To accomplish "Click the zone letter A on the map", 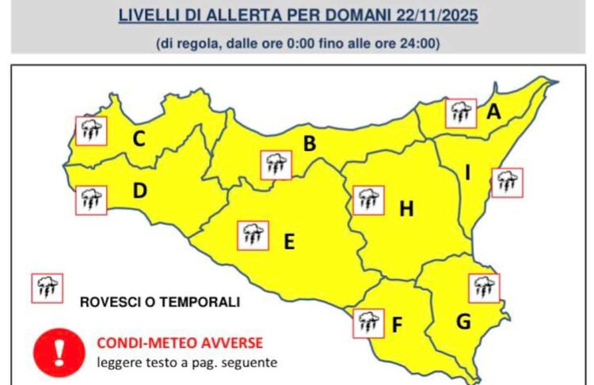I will [493, 113].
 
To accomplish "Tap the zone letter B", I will [310, 144].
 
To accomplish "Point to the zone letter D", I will [140, 191].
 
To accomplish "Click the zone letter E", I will [289, 242].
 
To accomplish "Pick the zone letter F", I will [398, 324].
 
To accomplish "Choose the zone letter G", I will [463, 322].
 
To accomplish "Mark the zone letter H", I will [406, 209].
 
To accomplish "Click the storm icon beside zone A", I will [460, 113].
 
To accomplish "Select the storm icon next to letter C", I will [91, 130].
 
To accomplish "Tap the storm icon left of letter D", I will [91, 200].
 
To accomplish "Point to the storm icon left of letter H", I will [367, 200].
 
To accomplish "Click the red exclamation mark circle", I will [58, 349].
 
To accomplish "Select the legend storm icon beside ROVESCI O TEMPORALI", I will [47, 288].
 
